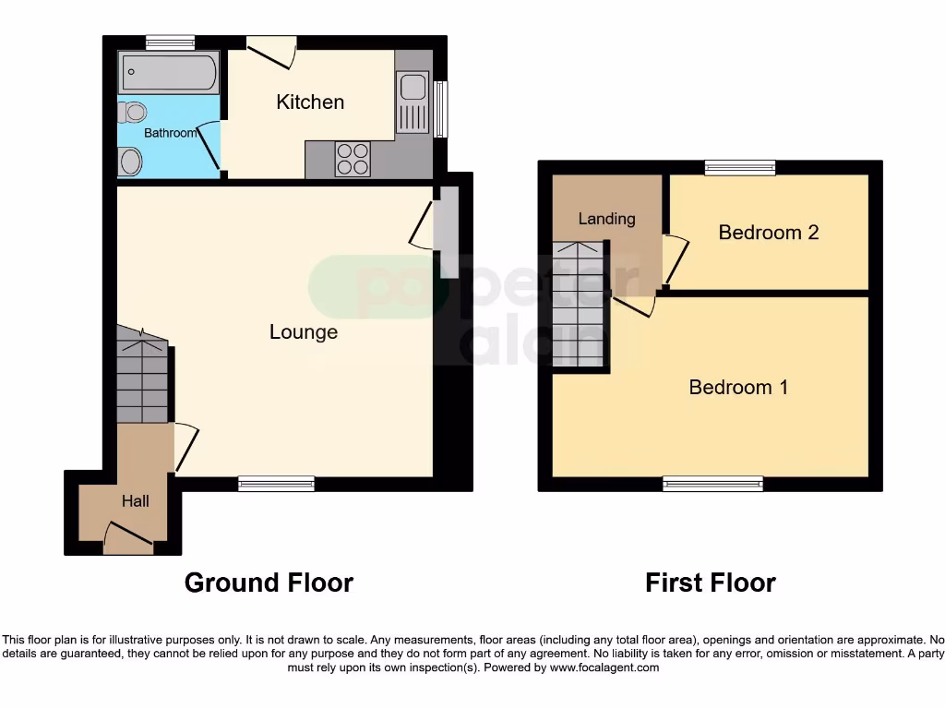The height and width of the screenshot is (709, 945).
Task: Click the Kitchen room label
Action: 310,102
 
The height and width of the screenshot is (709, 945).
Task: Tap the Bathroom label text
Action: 170,133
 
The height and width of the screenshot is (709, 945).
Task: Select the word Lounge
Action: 303,331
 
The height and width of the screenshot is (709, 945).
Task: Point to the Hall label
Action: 136,500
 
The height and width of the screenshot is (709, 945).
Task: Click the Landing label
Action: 606,219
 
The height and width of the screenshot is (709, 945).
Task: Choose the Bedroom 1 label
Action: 738,387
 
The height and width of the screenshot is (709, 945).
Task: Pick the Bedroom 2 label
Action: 768,232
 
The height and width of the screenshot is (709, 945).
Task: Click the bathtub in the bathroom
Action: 169,71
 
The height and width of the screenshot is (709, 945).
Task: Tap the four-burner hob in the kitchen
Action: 352,159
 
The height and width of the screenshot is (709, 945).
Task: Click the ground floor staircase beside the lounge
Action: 142,379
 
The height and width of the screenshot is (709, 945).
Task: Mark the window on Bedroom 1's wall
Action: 712,483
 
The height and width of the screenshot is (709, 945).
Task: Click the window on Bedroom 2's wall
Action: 739,167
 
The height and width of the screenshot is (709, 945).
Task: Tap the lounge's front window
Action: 276,483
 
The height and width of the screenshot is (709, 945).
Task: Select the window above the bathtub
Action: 170,42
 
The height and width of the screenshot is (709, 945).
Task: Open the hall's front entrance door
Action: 128,538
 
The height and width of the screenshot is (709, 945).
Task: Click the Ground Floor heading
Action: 269,583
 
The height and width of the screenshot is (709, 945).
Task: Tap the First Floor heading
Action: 710,583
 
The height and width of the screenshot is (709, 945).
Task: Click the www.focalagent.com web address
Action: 604,667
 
